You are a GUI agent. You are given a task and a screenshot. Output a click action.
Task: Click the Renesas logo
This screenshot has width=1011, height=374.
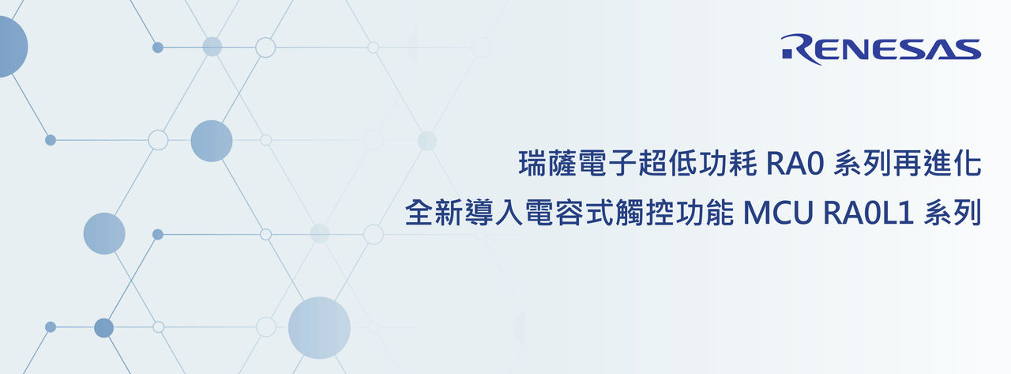881,49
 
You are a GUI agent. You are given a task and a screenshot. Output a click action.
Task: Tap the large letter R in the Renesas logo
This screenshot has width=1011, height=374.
801,49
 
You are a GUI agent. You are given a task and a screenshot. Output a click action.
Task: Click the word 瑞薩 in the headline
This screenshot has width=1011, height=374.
547,163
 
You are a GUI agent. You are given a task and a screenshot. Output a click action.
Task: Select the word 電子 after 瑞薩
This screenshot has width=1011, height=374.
607,163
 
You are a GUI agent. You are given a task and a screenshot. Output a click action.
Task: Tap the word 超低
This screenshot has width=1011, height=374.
667,163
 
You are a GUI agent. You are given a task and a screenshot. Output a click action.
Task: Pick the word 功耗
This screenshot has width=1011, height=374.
727,163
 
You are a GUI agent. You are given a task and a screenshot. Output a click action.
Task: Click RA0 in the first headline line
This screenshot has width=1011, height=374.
795,164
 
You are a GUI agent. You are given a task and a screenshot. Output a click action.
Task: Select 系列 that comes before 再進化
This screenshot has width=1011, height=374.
863,163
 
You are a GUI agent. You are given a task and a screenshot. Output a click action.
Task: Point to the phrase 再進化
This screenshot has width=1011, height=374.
938,163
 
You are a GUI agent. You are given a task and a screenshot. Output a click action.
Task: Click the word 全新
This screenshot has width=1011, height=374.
434,213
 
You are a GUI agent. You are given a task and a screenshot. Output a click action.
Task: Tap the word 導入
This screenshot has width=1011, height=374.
494,213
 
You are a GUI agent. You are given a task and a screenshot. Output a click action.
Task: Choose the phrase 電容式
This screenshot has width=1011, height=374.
569,213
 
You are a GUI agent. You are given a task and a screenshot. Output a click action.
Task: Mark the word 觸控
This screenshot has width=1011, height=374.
645,213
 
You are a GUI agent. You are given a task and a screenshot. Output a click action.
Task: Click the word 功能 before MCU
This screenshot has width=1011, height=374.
705,213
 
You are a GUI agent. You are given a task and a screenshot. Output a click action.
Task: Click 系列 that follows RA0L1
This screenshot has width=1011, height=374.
953,213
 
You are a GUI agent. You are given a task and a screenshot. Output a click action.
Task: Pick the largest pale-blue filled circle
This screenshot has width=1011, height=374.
319,328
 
